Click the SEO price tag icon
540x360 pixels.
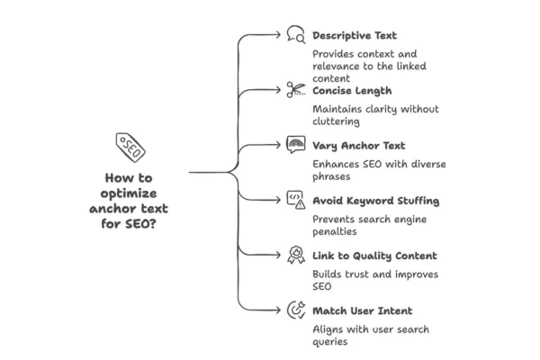130,147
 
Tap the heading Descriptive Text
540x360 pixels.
354,36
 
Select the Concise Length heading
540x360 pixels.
352,90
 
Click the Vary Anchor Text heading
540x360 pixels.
358,145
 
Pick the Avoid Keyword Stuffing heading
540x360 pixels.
375,200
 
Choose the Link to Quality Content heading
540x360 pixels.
374,256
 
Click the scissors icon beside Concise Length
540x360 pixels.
295,89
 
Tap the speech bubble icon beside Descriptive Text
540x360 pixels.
295,35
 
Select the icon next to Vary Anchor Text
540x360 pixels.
295,144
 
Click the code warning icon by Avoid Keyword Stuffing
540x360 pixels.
295,200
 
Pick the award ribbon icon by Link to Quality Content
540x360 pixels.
295,256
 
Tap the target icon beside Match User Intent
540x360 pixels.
295,310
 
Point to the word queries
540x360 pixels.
330,341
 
